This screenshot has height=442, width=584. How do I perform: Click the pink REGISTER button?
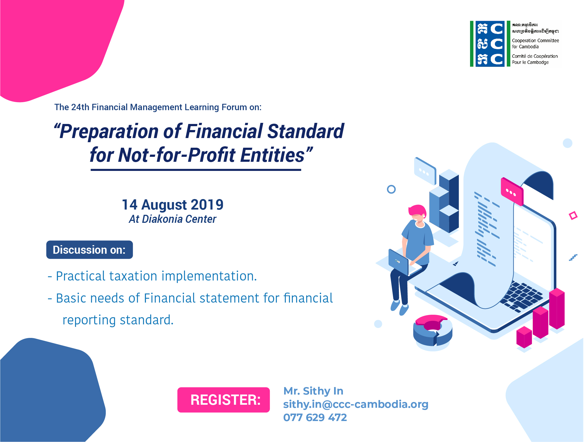coord(223,400)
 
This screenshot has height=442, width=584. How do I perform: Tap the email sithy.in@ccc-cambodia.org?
coord(356,404)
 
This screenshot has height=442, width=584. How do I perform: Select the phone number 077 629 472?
coord(315,417)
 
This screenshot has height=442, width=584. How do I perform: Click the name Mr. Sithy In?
coord(313,391)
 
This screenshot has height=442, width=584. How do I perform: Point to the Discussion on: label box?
coord(89,250)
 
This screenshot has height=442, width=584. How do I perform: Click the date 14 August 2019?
coord(173,205)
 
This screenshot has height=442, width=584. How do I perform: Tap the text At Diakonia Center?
coord(172,219)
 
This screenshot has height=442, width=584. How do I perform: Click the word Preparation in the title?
coord(109,131)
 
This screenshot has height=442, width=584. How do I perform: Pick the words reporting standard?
coord(118,320)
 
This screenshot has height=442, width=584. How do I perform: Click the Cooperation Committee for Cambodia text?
coord(535,44)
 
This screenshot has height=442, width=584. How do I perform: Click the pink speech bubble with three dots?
coord(512,192)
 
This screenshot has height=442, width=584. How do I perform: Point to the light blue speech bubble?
coord(425,171)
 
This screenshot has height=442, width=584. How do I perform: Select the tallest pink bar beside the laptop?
coord(557,309)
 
